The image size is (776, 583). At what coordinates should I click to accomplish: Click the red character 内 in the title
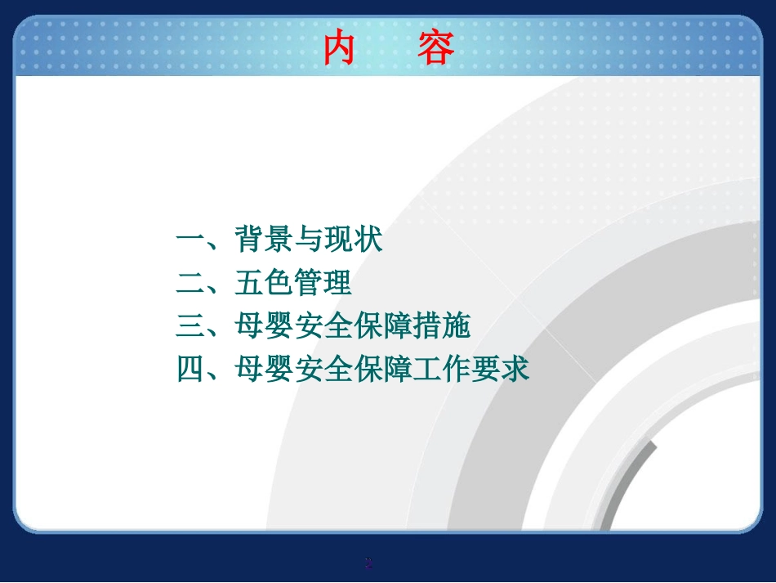339,47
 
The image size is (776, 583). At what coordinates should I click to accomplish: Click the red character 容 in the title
435,47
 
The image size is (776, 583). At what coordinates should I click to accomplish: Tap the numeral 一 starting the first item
190,240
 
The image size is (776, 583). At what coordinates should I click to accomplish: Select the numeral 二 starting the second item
190,283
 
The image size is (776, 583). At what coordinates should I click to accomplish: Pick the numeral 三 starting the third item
190,326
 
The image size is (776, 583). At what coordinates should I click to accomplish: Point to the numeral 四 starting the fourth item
190,369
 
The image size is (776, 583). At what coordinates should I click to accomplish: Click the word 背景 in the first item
264,239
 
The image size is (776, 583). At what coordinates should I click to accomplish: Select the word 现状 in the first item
353,239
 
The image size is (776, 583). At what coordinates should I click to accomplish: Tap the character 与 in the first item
308,239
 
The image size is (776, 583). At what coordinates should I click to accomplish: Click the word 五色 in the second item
264,282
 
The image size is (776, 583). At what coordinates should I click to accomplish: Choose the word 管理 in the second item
323,282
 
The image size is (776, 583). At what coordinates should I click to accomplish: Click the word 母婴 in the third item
264,325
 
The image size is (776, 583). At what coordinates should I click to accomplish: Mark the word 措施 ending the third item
441,325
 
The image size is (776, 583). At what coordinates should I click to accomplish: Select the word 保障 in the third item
382,325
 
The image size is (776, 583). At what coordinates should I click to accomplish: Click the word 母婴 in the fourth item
264,369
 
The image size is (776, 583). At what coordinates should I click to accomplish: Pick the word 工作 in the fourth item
441,369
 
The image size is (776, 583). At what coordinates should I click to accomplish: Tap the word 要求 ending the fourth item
500,369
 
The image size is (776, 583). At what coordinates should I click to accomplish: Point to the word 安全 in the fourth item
323,369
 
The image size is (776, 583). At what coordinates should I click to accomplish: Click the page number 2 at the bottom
368,563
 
